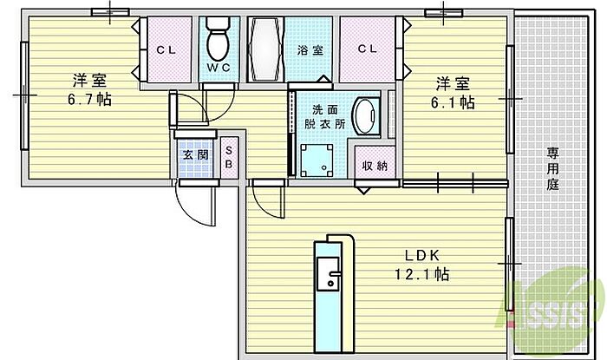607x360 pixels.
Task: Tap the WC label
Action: point(219,68)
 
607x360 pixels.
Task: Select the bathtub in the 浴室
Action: point(265,49)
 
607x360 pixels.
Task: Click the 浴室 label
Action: point(310,50)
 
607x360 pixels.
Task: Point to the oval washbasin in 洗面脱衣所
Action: point(366,116)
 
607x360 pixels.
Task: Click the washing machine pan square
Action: point(317,160)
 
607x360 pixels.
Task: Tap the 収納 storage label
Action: point(375,166)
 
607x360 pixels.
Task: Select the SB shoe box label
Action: point(229,157)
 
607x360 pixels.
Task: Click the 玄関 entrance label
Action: point(195,154)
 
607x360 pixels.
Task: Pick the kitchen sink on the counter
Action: point(329,273)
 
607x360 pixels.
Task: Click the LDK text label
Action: point(422,255)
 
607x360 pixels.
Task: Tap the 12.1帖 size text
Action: point(422,274)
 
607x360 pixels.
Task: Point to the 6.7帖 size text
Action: point(90,100)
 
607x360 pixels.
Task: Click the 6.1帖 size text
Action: point(453,102)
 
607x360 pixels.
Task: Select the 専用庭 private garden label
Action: point(553,169)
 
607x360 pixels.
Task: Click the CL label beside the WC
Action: point(166,50)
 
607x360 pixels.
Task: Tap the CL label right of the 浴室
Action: point(368,49)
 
